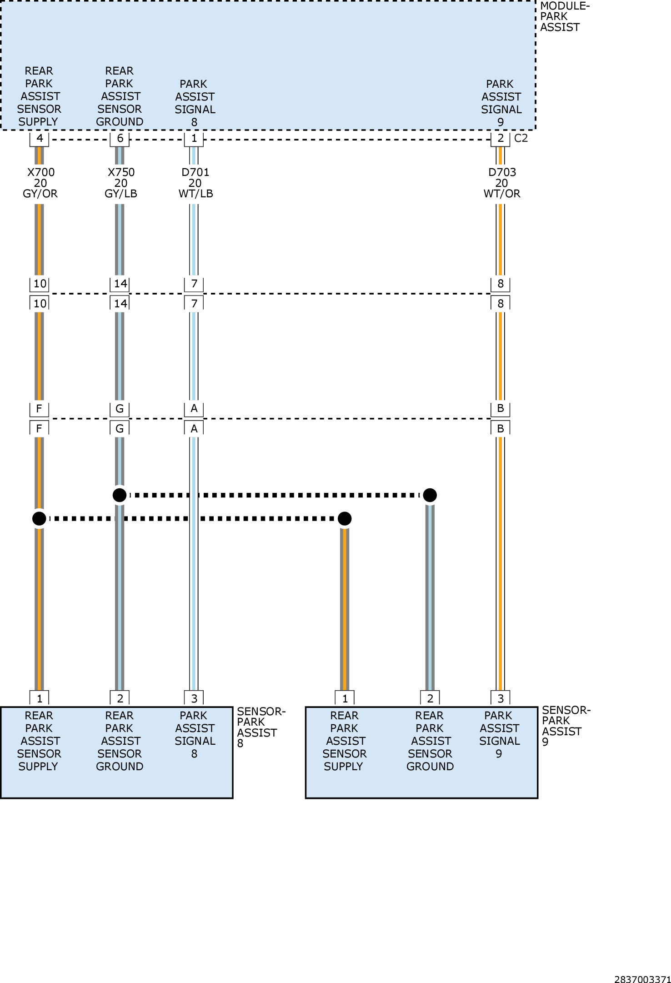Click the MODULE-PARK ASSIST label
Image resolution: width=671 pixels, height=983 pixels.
(x=565, y=17)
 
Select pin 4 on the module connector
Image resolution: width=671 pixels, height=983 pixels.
(x=40, y=139)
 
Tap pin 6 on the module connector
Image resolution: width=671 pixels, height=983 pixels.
(x=120, y=139)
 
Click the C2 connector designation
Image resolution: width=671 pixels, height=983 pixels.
(x=521, y=138)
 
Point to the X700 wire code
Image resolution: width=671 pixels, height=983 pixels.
(x=41, y=172)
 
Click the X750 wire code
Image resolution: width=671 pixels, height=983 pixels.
(x=121, y=172)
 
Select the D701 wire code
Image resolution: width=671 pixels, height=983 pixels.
(x=195, y=172)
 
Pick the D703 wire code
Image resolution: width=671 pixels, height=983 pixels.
(x=502, y=172)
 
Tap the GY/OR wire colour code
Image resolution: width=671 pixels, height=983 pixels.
(x=40, y=194)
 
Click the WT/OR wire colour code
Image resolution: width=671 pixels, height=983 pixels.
(x=502, y=194)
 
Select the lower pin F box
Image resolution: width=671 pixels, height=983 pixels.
(x=40, y=428)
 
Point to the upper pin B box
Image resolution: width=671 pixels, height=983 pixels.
(x=501, y=409)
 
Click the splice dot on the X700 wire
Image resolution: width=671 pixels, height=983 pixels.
(x=39, y=518)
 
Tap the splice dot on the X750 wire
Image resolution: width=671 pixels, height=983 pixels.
(x=120, y=495)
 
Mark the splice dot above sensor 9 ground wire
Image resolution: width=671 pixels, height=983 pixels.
(x=430, y=495)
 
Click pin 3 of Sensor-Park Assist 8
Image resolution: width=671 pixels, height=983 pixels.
(x=194, y=698)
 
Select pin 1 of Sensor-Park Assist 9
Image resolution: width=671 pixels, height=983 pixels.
(x=345, y=698)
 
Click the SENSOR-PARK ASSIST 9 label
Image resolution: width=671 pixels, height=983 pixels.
(x=566, y=726)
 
